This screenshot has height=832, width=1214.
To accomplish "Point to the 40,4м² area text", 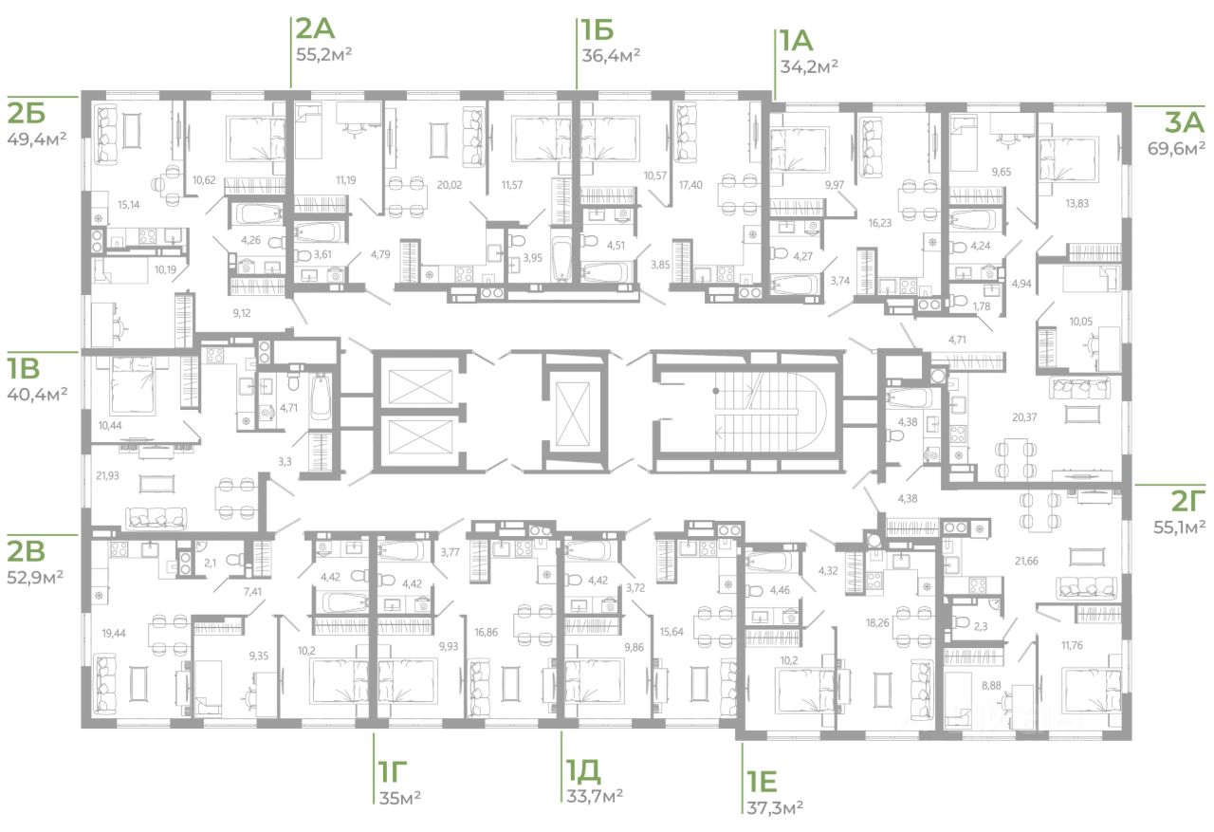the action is (38, 393).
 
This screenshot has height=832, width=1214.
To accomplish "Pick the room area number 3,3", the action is (285, 462).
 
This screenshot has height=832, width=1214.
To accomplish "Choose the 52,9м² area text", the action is (38, 576).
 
